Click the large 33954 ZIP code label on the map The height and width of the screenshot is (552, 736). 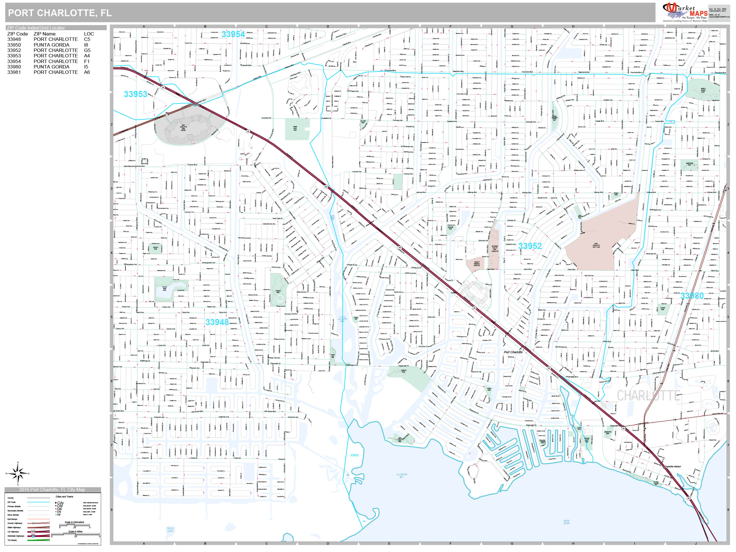pos(233,34)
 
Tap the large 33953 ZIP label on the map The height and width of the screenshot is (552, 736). pos(135,94)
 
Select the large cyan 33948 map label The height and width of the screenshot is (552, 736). pos(217,322)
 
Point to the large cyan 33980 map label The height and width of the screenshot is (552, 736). pos(692,296)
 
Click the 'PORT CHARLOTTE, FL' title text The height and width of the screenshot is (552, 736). pos(60,13)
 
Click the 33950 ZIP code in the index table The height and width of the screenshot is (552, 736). pos(14,45)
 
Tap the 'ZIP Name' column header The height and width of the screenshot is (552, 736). pos(44,34)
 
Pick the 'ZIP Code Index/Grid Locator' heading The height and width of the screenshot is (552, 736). pos(36,28)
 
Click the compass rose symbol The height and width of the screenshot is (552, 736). pos(18,473)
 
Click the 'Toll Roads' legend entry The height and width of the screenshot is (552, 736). pos(12,540)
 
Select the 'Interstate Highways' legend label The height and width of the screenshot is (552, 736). pos(16,536)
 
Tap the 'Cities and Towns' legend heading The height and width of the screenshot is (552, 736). pos(64,496)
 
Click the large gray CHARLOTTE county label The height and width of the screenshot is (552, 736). pos(649,396)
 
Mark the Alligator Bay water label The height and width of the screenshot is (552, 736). pos(402,476)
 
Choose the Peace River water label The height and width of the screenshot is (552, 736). pos(566,522)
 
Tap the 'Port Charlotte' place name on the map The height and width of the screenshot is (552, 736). pos(513,352)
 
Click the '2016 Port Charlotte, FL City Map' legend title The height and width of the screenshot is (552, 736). pos(52,490)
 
